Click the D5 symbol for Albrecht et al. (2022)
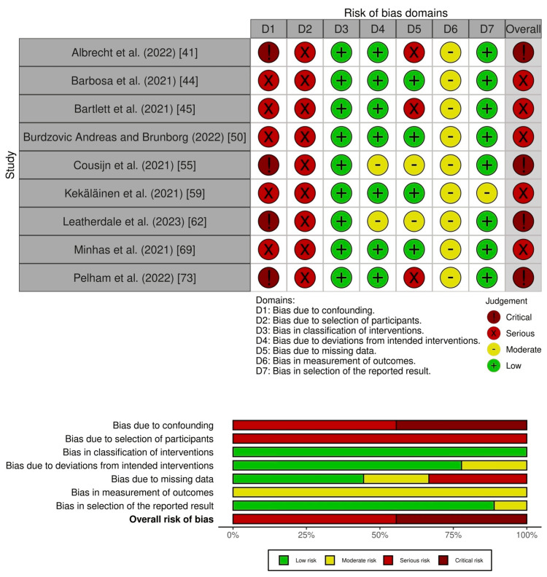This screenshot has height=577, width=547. [414, 52]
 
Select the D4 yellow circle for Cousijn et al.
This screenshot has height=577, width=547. [377, 165]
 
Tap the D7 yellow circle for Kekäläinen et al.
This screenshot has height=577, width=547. [486, 194]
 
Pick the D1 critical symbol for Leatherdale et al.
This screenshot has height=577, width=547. [268, 222]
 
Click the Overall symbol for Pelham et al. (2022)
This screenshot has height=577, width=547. [523, 279]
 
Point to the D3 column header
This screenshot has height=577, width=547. [341, 28]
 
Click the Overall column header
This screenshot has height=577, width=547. [523, 28]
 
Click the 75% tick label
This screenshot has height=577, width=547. [453, 534]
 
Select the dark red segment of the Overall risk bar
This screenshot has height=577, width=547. [461, 519]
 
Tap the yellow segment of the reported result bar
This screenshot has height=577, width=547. [510, 506]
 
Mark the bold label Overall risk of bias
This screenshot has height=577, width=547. [171, 519]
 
